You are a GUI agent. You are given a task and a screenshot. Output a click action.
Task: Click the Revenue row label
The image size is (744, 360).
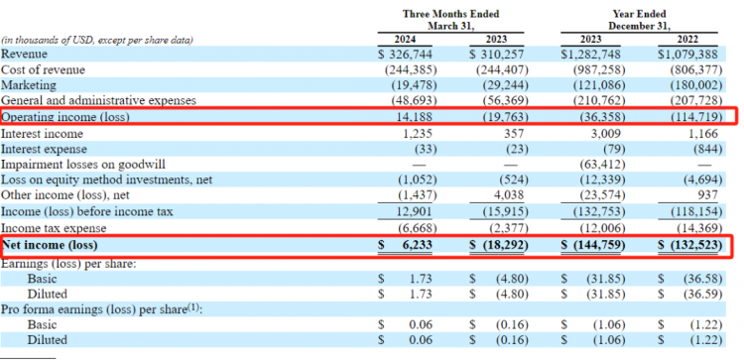pos(24,55)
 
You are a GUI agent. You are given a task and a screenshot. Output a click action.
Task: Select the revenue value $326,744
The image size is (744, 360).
pos(406,55)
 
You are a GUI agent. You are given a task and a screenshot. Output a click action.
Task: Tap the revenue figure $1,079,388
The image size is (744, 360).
pos(688,55)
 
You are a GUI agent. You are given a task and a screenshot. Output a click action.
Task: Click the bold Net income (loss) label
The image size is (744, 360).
pos(50,245)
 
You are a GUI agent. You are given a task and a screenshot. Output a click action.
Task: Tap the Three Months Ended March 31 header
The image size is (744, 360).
pos(450,20)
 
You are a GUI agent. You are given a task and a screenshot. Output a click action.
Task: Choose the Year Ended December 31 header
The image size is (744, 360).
pos(638,20)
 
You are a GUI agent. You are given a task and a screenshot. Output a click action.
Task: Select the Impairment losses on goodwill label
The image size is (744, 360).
pos(83,165)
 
